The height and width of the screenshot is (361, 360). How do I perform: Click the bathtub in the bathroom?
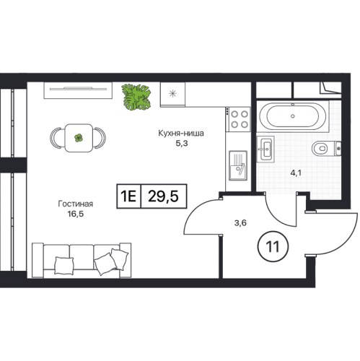[292, 116]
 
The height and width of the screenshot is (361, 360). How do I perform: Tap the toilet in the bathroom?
[326, 148]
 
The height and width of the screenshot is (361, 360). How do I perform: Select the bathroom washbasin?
[265, 149]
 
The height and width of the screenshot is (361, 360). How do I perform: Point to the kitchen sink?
[238, 165]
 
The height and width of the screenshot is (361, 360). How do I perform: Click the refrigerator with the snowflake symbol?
[172, 95]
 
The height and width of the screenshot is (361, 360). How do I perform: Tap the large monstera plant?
[136, 97]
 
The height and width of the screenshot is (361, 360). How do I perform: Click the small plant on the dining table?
[79, 138]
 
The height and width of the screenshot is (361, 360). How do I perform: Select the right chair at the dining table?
[100, 138]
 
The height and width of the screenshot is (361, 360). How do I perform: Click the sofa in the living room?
[82, 261]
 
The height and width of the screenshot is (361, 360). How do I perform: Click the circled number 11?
[273, 246]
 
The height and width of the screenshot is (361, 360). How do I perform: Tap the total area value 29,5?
[163, 196]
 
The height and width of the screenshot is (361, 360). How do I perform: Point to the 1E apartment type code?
[128, 196]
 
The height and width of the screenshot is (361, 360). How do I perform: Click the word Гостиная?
[76, 204]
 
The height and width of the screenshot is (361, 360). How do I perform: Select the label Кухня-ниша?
[181, 133]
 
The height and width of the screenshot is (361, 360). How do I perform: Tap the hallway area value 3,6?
[240, 223]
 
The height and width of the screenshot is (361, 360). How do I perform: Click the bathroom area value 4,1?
[296, 173]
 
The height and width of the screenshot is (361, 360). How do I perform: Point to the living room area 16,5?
[76, 214]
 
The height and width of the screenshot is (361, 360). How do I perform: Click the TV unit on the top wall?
[78, 90]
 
